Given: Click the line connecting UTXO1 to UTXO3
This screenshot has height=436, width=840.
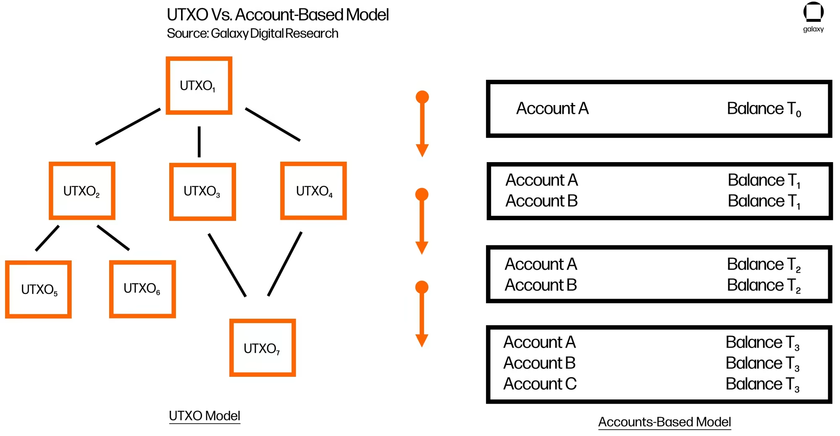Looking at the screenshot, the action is (x=199, y=142).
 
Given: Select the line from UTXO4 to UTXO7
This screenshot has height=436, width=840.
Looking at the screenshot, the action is (x=285, y=264).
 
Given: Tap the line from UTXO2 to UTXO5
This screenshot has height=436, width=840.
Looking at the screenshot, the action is (x=47, y=238).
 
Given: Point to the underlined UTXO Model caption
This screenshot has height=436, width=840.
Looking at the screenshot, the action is (x=205, y=416).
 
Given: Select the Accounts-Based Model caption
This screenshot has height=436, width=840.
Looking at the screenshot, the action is (x=664, y=422).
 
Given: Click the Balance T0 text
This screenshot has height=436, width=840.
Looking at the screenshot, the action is (x=764, y=109).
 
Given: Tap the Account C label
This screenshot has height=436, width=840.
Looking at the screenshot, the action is (x=540, y=384).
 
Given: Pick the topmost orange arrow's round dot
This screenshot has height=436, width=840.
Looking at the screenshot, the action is (x=422, y=97).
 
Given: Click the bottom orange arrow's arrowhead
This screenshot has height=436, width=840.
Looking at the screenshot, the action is (x=422, y=341).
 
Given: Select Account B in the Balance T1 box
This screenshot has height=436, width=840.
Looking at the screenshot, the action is (x=542, y=201).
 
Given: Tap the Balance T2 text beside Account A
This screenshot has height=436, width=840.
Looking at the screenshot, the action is (x=764, y=265).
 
